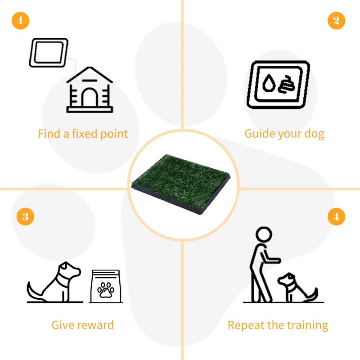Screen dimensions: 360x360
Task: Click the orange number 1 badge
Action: click(20, 21)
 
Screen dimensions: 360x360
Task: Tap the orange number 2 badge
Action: click(336, 21)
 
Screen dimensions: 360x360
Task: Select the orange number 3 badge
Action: click(25, 216)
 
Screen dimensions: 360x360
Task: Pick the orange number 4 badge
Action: click(336, 217)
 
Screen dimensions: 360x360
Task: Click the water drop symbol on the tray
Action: click(269, 84)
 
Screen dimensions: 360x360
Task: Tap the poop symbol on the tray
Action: click(285, 85)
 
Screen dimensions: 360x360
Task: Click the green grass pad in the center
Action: click(182, 182)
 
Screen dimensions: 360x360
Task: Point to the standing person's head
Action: click(264, 234)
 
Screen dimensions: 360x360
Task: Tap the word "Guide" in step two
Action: click(258, 134)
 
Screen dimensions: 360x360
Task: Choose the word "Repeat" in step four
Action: click(245, 325)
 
